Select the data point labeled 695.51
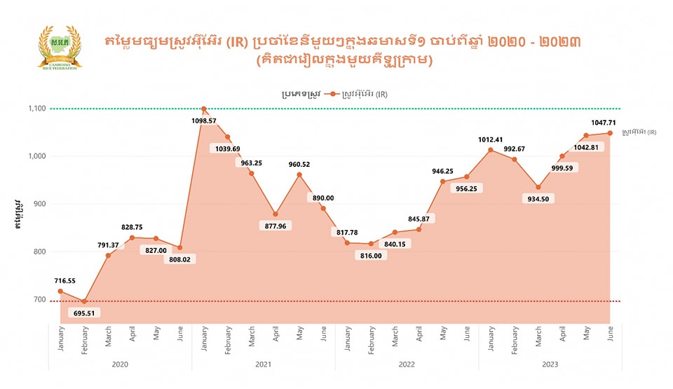pos(84,301)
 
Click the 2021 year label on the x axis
pos(263,364)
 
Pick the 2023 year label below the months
pos(550,364)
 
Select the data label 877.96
pos(276,226)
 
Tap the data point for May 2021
pos(299,175)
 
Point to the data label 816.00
pos(371,256)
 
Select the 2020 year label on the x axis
pos(120,364)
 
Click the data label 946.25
pos(443,170)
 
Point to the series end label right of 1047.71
pos(639,132)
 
